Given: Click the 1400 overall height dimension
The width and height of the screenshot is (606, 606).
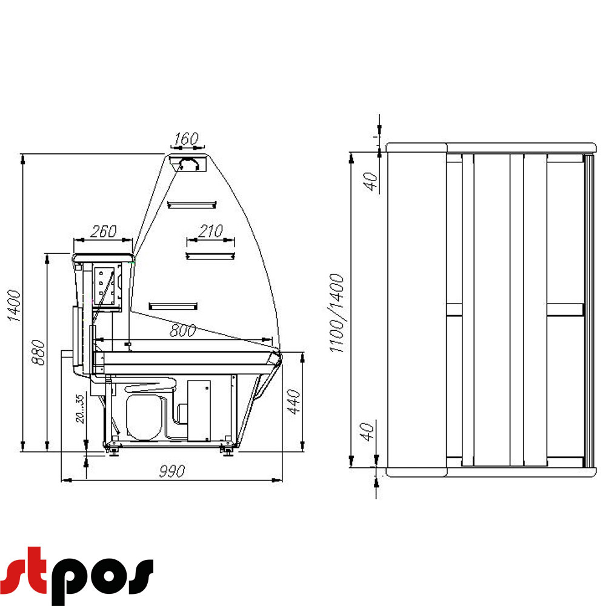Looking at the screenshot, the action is pyautogui.click(x=14, y=305).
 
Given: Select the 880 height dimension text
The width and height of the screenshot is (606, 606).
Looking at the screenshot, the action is pyautogui.click(x=38, y=352).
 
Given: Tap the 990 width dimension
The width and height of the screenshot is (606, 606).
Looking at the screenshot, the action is pyautogui.click(x=172, y=471).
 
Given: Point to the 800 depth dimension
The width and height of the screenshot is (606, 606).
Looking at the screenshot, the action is pyautogui.click(x=183, y=330).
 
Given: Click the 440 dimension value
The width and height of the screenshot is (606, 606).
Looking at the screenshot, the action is pyautogui.click(x=294, y=402).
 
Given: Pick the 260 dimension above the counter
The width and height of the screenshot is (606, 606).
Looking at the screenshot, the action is pyautogui.click(x=103, y=231).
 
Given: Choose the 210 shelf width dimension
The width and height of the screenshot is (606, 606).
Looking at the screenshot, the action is pyautogui.click(x=211, y=231).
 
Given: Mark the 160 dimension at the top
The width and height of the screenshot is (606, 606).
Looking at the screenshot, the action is pyautogui.click(x=186, y=139).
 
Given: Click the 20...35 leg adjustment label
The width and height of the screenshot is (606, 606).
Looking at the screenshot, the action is pyautogui.click(x=79, y=409).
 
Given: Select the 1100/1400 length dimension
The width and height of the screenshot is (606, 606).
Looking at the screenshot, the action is pyautogui.click(x=336, y=313).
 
